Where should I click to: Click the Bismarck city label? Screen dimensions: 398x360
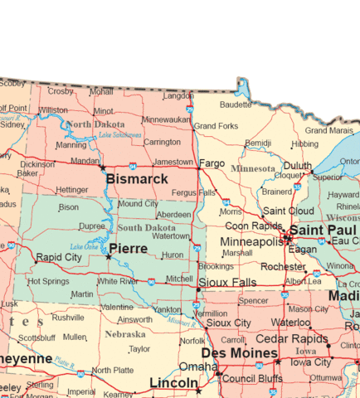136,178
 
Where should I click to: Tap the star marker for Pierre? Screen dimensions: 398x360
108,257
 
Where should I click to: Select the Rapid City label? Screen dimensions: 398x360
59,257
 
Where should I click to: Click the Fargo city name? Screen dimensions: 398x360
212,163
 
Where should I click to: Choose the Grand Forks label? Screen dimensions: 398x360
216,126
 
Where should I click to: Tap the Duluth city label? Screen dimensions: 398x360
298,166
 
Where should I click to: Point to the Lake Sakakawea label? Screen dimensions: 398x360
120,134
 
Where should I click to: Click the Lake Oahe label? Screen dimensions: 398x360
85,247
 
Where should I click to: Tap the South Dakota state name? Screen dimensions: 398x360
146,227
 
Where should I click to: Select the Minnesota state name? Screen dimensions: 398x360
253,168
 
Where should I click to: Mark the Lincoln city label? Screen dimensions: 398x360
173,382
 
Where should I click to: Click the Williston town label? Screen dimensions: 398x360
53,109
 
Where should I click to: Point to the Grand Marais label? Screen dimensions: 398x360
328,130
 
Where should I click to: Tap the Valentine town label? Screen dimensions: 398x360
117,307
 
